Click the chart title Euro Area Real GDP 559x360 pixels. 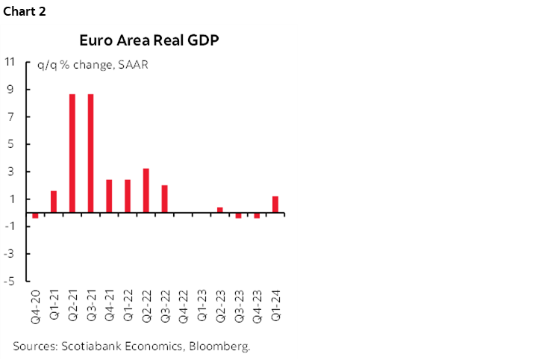pyautogui.click(x=149, y=40)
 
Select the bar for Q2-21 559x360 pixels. pyautogui.click(x=72, y=153)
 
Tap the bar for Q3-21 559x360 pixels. pyautogui.click(x=90, y=153)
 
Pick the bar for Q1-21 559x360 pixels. pyautogui.click(x=54, y=202)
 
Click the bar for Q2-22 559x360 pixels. pyautogui.click(x=146, y=190)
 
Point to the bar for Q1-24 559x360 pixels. pyautogui.click(x=275, y=205)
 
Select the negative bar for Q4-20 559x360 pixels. pyautogui.click(x=35, y=215)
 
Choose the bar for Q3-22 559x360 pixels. pyautogui.click(x=164, y=199)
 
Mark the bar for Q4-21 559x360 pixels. pyautogui.click(x=109, y=196)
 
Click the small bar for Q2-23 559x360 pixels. pyautogui.click(x=220, y=210)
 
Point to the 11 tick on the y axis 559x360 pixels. pyautogui.click(x=11, y=62)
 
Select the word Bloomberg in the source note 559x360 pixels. pyautogui.click(x=222, y=346)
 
